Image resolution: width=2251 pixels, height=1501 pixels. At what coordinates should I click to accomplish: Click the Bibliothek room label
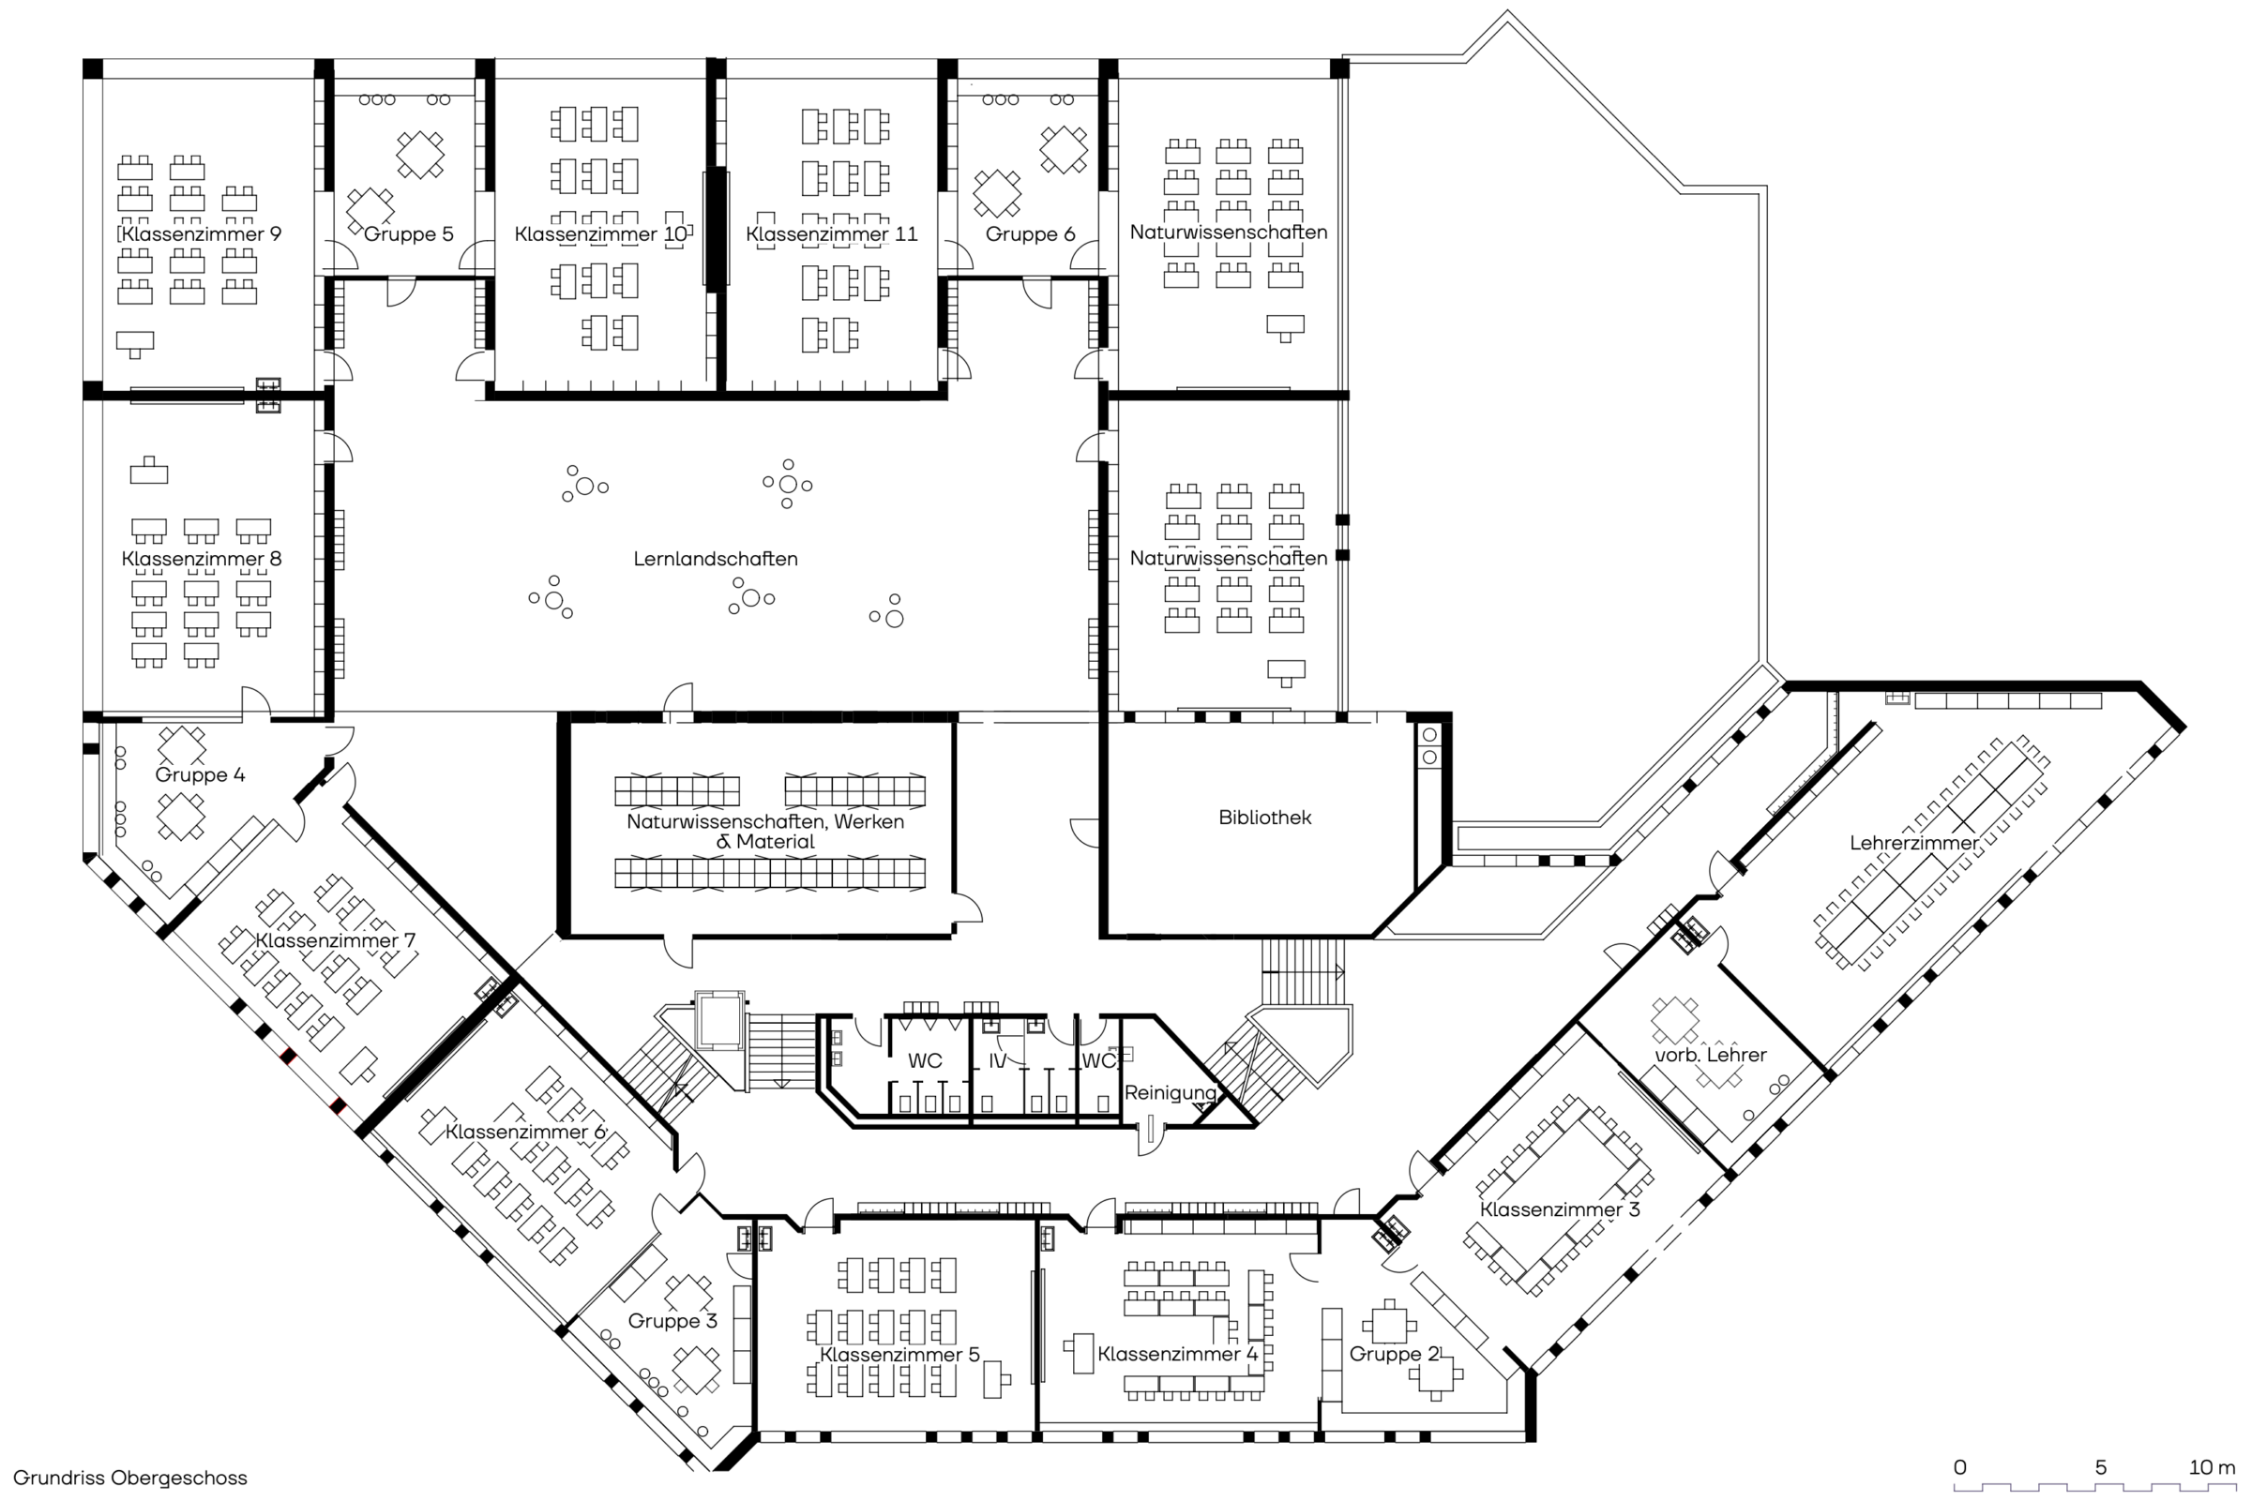(1264, 818)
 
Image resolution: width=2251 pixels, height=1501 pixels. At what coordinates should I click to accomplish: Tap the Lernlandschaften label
(716, 559)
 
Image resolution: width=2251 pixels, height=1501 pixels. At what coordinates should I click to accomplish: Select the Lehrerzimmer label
(1913, 844)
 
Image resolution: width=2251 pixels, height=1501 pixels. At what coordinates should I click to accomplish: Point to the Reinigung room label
(1170, 1093)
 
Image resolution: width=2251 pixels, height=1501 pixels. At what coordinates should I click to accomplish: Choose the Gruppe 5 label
(408, 234)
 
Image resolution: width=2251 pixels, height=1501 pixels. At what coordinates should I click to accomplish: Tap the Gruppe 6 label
(1030, 234)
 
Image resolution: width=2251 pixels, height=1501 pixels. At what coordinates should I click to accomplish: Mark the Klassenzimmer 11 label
(831, 234)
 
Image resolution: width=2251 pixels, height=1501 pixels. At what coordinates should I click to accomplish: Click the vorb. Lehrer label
(1710, 1055)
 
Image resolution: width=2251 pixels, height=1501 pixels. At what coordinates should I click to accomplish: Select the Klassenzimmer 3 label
(1559, 1210)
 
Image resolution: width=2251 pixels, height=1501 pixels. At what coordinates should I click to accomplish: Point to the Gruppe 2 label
(1394, 1355)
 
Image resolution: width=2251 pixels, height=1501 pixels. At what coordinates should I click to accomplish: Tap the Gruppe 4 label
(199, 775)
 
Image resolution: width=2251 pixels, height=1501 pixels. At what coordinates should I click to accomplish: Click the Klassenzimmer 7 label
(335, 941)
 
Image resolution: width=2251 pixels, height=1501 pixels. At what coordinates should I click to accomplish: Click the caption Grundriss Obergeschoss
(130, 1478)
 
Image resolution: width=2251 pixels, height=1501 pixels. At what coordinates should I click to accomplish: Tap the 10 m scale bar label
(2212, 1467)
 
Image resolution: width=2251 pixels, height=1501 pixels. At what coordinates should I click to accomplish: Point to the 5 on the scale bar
(2101, 1467)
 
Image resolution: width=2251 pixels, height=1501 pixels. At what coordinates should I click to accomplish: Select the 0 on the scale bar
(1960, 1467)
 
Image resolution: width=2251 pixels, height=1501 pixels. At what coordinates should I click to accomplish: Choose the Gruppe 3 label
(672, 1321)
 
